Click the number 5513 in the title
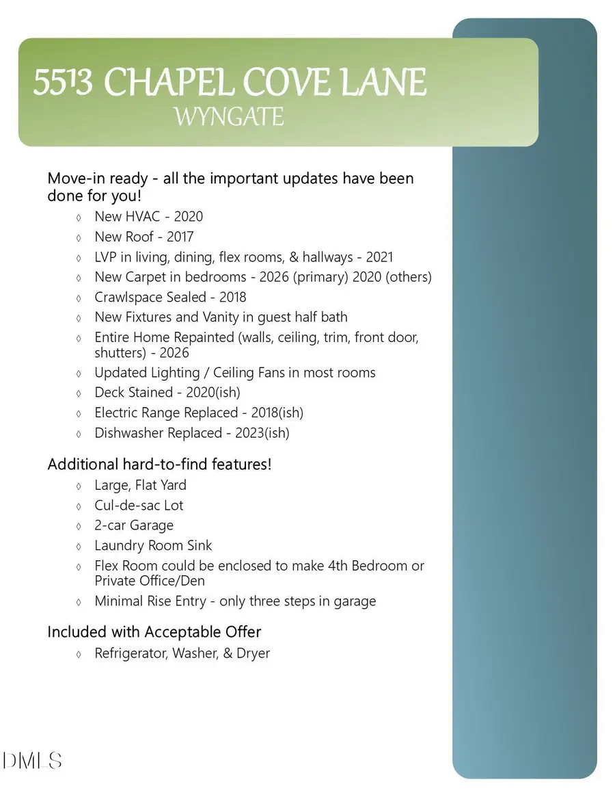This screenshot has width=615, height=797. (63, 83)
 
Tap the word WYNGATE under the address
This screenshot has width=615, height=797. (228, 117)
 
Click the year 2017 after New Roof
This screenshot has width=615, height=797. (180, 237)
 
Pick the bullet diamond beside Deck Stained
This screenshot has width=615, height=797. (79, 393)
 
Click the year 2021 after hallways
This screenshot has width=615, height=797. (380, 257)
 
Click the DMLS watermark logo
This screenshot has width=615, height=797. (33, 760)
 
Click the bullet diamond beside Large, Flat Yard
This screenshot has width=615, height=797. (79, 486)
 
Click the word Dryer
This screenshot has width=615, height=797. (253, 653)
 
